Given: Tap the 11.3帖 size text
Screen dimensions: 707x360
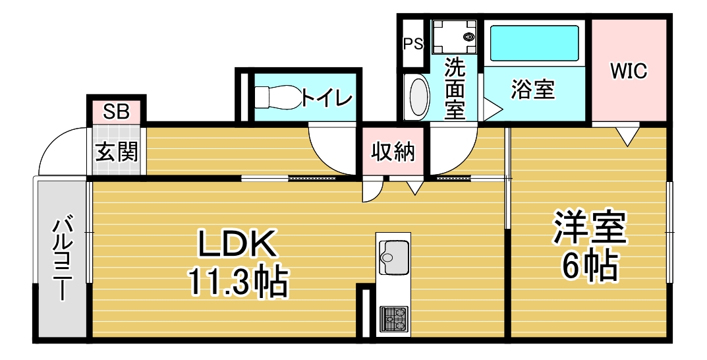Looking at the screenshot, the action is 238,282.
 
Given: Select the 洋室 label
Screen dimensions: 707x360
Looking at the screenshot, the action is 590,228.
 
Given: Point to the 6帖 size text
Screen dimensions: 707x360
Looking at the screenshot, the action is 589,266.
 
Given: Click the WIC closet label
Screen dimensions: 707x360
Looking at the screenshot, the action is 629,71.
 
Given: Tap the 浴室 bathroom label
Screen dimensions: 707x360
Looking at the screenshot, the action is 532,89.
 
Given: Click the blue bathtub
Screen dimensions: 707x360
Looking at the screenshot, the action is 534,43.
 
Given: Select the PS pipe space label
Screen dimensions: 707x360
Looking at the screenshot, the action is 413,44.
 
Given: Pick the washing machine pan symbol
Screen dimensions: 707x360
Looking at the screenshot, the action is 454,36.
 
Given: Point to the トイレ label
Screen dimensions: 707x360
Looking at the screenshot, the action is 326,97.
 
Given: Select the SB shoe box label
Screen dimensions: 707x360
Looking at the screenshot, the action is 117,111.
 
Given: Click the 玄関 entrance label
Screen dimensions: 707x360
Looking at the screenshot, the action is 117,152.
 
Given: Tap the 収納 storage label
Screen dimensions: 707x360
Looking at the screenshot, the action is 393,152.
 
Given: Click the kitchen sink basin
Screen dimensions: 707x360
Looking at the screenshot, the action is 393,257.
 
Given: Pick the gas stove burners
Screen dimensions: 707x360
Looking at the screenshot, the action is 393,318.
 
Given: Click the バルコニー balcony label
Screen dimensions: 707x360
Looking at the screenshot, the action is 61,259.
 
